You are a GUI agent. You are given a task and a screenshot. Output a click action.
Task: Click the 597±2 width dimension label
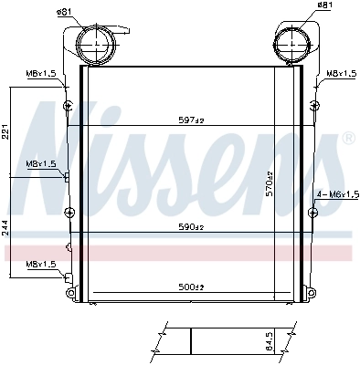click(x=191, y=120)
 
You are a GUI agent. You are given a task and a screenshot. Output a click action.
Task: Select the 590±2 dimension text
click(x=191, y=226)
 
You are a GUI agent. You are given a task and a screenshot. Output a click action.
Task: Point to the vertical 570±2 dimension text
click(x=270, y=183)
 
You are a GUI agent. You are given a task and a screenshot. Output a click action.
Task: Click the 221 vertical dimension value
click(x=5, y=132)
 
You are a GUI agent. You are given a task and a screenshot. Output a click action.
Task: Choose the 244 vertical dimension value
click(x=5, y=226)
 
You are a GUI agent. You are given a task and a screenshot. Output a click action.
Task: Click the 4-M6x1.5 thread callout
click(x=339, y=194)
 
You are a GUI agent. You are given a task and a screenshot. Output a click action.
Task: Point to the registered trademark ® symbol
click(x=349, y=139)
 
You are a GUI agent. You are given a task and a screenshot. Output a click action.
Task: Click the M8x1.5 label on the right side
click(x=343, y=72)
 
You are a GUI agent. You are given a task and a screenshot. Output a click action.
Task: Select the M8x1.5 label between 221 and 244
click(x=40, y=163)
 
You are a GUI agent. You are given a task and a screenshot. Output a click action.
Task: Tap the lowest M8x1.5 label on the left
click(x=40, y=264)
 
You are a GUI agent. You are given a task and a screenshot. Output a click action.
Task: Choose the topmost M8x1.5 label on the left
click(x=40, y=72)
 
